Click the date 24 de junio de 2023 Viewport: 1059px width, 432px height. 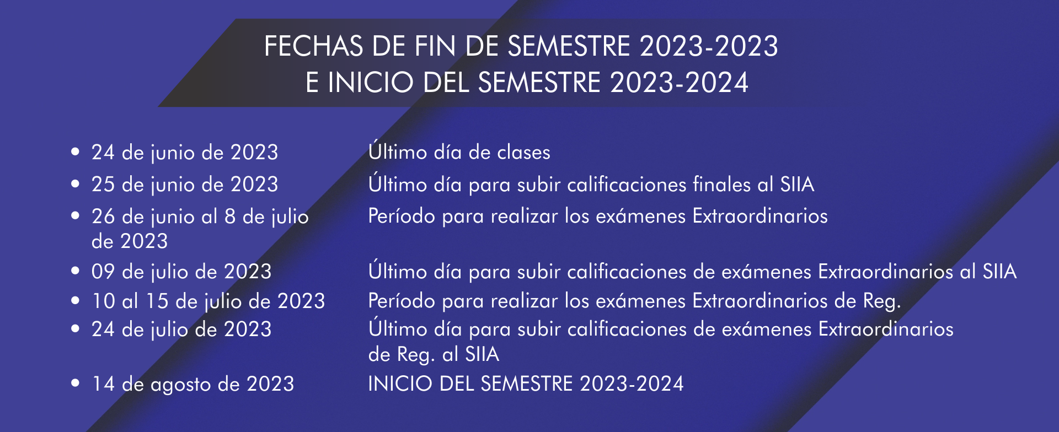tap(185, 153)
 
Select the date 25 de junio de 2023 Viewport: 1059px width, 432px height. tap(185, 185)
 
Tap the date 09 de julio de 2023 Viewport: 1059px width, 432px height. tap(181, 272)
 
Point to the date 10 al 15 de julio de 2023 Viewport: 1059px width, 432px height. tap(208, 301)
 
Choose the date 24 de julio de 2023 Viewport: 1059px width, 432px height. tap(181, 330)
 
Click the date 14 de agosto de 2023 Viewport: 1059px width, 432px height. tap(193, 384)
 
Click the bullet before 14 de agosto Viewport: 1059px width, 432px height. tap(76, 384)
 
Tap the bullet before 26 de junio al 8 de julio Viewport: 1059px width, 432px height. tap(76, 216)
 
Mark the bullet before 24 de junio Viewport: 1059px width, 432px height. tap(76, 152)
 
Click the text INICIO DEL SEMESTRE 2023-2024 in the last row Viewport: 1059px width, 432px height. tap(526, 384)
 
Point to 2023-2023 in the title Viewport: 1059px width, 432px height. tap(709, 46)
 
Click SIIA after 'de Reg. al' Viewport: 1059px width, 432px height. tap(482, 354)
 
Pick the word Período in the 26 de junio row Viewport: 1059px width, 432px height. tap(402, 216)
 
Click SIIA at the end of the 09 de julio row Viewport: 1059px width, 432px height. tap(999, 271)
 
